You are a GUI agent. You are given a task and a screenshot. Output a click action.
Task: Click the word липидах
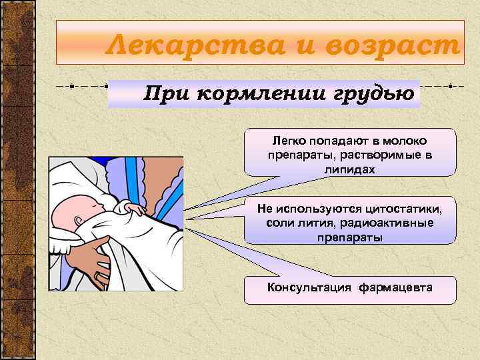click(x=350, y=169)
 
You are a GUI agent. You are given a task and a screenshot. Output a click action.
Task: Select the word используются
click(x=320, y=209)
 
